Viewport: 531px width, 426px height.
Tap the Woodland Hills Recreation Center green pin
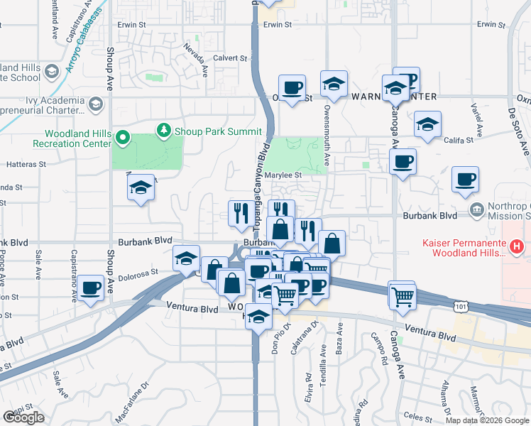pos(123,138)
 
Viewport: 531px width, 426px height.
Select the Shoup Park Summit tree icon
pos(164,131)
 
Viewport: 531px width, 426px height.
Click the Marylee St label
pos(283,175)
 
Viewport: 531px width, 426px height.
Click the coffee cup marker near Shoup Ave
pos(91,288)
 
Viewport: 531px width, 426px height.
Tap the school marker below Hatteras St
pos(141,188)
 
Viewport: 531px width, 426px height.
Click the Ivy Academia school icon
pos(94,105)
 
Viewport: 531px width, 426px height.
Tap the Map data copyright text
pos(486,420)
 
